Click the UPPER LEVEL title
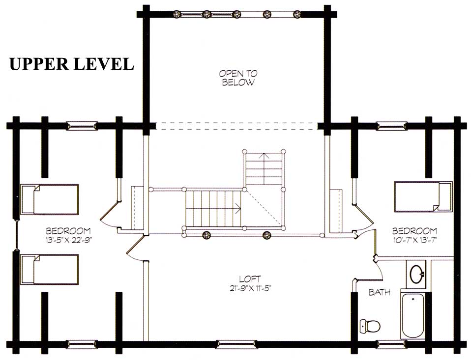click(x=71, y=64)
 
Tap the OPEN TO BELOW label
click(x=238, y=78)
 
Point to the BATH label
click(x=380, y=292)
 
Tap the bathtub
click(x=413, y=315)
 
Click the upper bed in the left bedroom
click(x=49, y=199)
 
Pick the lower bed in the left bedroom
click(x=49, y=269)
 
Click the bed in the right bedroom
click(x=423, y=196)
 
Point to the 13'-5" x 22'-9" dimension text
click(x=69, y=240)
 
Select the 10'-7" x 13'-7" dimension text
click(x=414, y=240)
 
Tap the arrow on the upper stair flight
click(x=265, y=156)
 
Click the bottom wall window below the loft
click(x=231, y=344)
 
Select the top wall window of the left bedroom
click(x=82, y=126)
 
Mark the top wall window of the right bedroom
click(x=392, y=126)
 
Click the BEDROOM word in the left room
click(x=68, y=231)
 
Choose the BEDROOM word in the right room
click(x=414, y=231)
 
